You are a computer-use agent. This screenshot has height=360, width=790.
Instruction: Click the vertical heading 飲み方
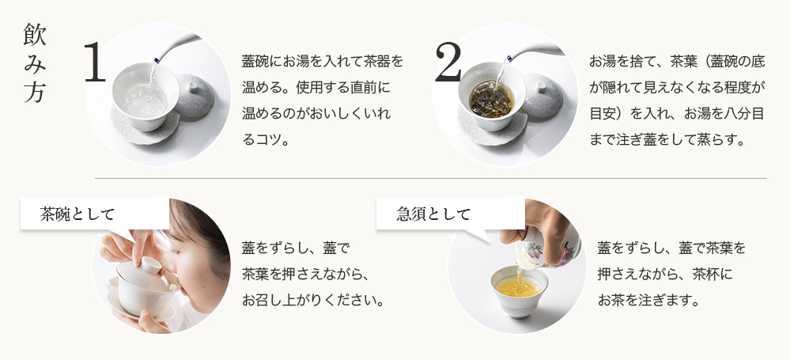(x=35, y=63)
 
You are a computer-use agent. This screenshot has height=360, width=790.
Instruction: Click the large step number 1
(x=95, y=62)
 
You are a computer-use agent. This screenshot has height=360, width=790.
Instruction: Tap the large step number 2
(x=448, y=62)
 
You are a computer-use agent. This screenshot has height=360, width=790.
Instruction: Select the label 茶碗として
(x=77, y=214)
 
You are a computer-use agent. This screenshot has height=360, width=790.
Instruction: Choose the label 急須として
(x=433, y=214)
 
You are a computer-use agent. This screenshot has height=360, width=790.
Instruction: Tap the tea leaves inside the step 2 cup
(x=491, y=99)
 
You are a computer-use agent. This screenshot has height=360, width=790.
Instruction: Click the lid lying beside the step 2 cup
(x=542, y=95)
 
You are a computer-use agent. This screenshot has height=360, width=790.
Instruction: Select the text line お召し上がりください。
(x=313, y=301)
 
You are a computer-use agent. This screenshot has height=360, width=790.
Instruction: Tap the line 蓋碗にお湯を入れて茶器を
(x=323, y=62)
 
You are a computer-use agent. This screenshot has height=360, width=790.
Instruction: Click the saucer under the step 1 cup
(x=145, y=128)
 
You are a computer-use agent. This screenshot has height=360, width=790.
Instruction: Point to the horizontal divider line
(x=431, y=179)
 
